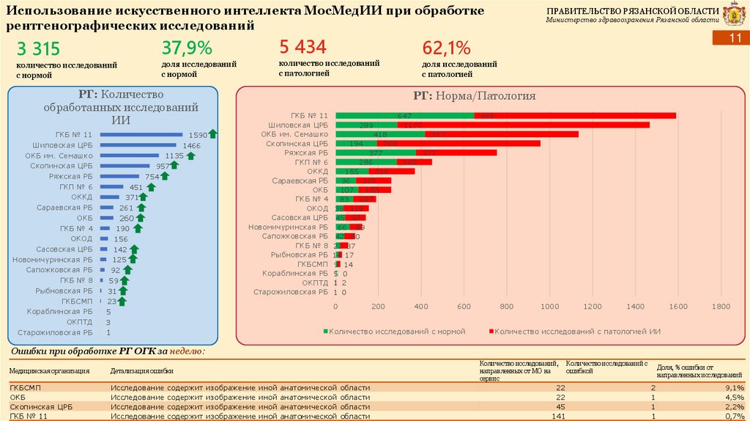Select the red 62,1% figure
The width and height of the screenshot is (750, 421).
click(x=446, y=49)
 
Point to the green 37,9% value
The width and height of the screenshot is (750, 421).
click(x=187, y=49)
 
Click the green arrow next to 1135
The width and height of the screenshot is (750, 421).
click(x=191, y=155)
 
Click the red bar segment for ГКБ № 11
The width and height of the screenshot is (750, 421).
click(x=575, y=115)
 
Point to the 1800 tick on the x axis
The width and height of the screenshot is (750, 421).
click(x=721, y=307)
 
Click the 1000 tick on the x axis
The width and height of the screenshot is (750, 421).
click(x=549, y=307)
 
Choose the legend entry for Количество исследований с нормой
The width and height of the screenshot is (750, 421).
click(x=396, y=332)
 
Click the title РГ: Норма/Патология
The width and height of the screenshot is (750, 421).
click(x=474, y=96)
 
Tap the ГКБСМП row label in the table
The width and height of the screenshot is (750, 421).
click(x=23, y=387)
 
